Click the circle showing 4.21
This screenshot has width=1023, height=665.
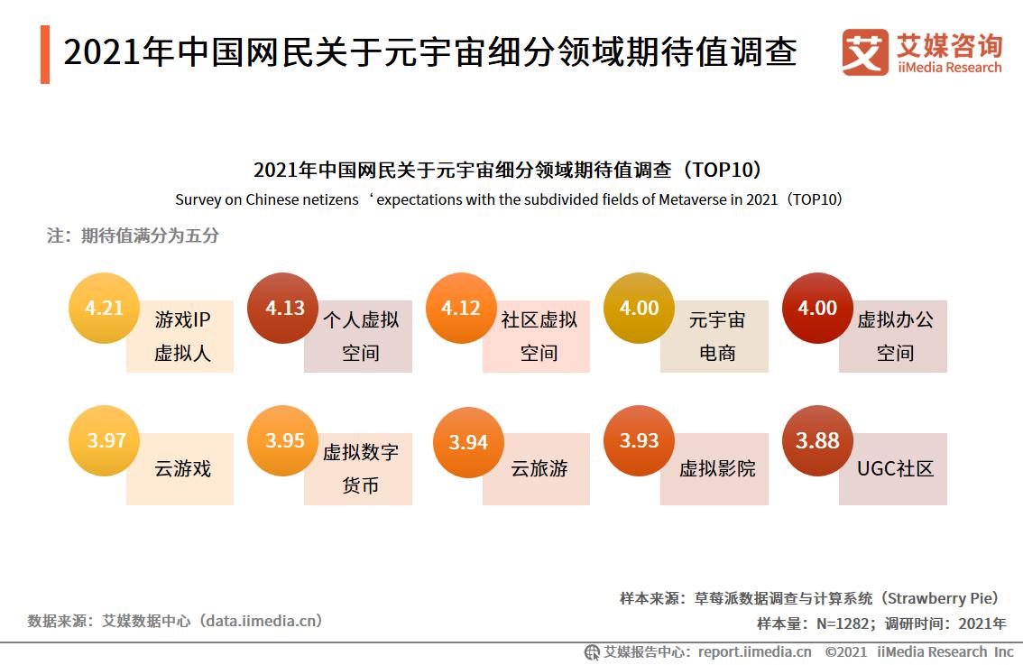[x=105, y=309]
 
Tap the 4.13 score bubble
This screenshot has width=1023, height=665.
[x=283, y=309]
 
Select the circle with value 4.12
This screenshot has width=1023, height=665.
[x=461, y=309]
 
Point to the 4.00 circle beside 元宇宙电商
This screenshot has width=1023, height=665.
[x=639, y=309]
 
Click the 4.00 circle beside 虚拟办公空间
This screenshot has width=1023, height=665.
[x=817, y=309]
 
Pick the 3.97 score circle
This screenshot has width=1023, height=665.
[x=105, y=441]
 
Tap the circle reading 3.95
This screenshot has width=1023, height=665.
[x=283, y=441]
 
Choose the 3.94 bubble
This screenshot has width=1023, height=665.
[x=468, y=443]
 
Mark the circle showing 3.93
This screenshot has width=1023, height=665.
[x=639, y=441]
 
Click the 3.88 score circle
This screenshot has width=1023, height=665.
[x=817, y=441]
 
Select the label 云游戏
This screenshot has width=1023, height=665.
[x=182, y=469]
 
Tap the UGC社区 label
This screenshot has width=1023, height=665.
[x=895, y=469]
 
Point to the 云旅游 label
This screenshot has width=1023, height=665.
[x=539, y=469]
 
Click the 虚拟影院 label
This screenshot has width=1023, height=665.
[x=717, y=469]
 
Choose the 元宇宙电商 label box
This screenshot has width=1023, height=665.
[x=717, y=337]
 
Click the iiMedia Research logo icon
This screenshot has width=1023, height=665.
[x=864, y=53]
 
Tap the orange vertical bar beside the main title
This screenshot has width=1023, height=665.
[x=45, y=54]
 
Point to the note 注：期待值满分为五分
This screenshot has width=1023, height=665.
[x=133, y=236]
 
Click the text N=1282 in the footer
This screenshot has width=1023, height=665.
[x=842, y=623]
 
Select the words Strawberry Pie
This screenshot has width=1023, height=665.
[x=940, y=598]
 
